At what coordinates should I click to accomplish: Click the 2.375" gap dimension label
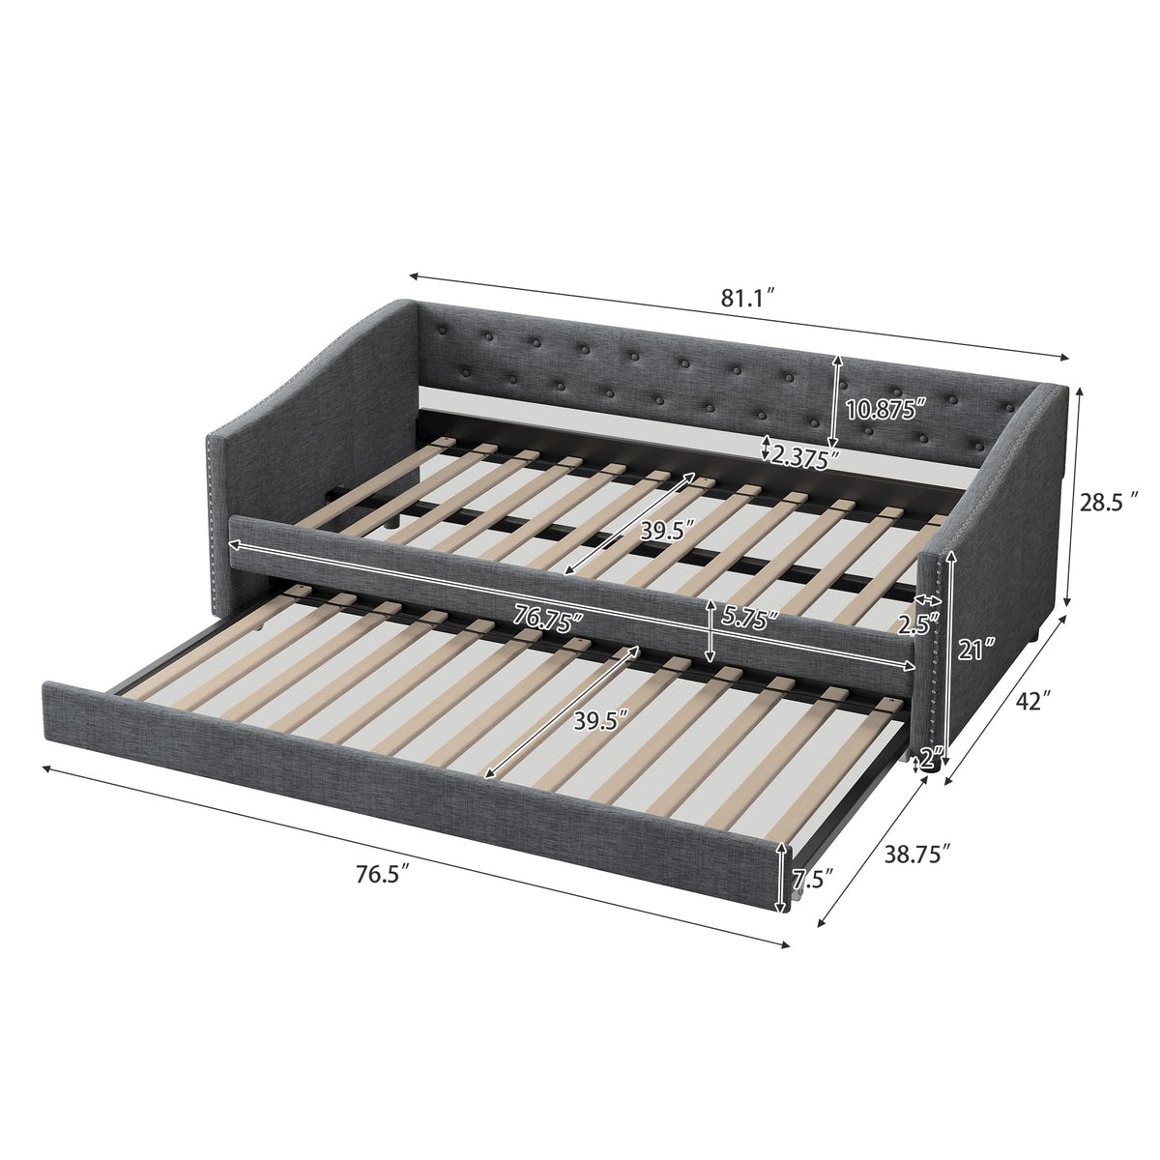tap(805, 455)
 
